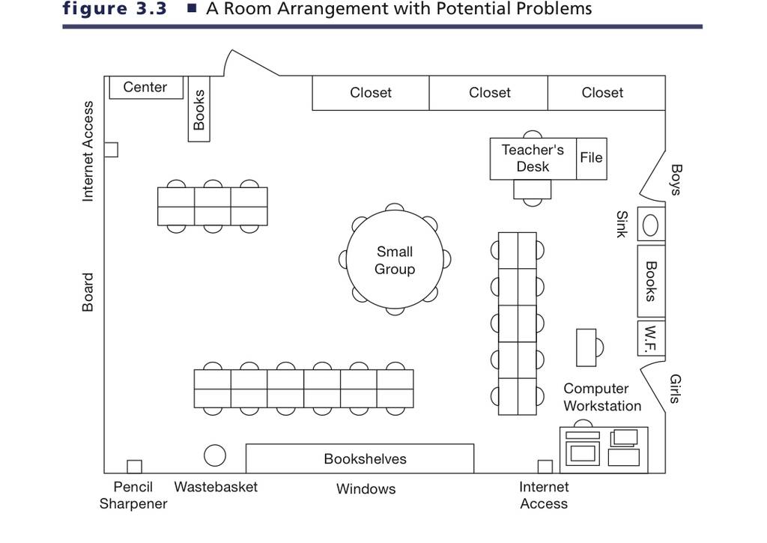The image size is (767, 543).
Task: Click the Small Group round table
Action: pos(395,260)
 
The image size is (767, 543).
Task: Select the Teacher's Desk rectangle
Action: pos(533,159)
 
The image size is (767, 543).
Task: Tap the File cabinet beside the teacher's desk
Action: pos(592,159)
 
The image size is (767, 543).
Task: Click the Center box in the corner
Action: pos(146,88)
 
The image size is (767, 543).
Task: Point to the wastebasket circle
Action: pos(215,455)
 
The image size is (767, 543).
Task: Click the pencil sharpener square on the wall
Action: pos(135,467)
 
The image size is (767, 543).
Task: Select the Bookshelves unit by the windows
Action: pos(360,458)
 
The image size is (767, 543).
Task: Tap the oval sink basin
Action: pos(650,225)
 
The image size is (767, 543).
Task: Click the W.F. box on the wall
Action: pos(651,338)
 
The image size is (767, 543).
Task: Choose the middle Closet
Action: pos(488,93)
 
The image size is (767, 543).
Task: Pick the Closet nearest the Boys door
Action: pos(607,93)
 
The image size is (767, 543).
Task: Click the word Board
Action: pos(87,292)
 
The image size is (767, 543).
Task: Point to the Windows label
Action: pos(366,488)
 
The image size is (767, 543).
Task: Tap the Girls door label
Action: pos(675,389)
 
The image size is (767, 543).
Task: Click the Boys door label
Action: pos(676,180)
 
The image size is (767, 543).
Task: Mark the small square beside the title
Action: pos(192,7)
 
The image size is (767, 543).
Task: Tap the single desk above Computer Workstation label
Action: pos(586,348)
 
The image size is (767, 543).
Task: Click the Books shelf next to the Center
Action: pos(199,109)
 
